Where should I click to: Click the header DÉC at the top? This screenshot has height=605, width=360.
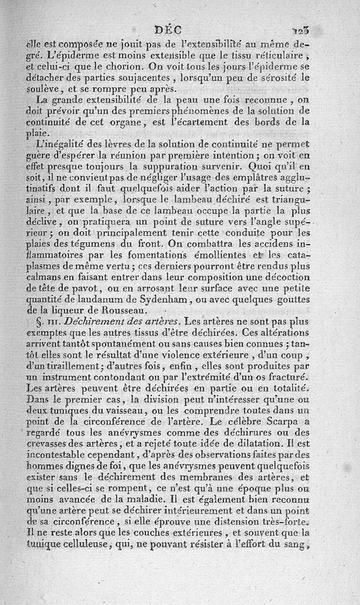click(x=167, y=30)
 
